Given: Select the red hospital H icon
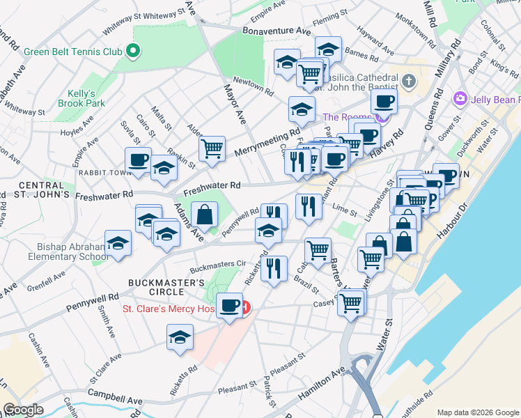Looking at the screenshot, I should click(x=245, y=307).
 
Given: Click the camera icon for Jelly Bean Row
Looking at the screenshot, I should click(x=460, y=98).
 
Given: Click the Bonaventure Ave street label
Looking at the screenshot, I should click(x=277, y=31).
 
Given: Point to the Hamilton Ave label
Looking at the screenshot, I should click(x=322, y=384).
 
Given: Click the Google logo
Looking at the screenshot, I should click(x=23, y=410).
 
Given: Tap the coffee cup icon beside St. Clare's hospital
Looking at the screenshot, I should click(x=229, y=305).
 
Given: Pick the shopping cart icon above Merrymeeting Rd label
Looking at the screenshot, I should click(x=212, y=148).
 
